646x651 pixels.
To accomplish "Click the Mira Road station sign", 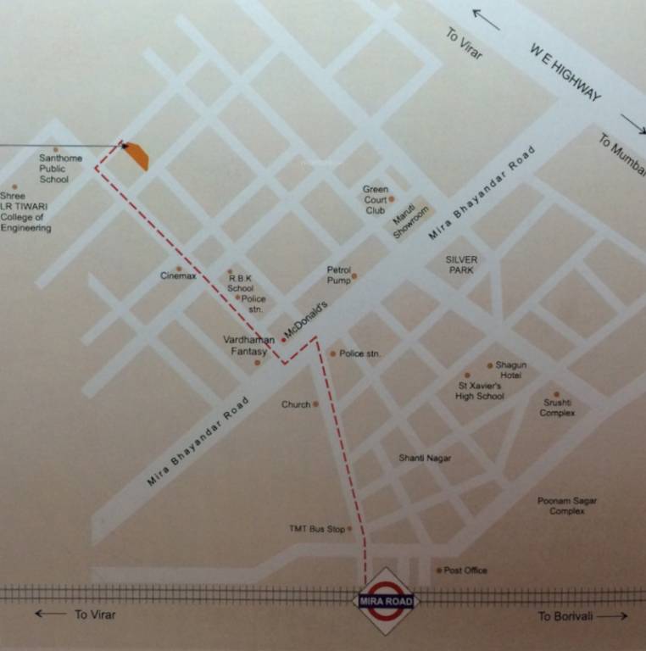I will pos(386,601).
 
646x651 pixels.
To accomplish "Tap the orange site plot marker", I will pos(137,156).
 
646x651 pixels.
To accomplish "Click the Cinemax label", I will pos(178,275).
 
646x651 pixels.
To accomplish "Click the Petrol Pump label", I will pos(338,275).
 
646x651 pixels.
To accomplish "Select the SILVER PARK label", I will pos(463,264).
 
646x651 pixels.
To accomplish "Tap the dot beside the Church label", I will pos(315,404).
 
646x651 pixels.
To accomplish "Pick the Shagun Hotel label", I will pos(511,370).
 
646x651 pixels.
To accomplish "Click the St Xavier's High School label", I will pos(479,391).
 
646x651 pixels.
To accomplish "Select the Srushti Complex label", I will pos(558,408).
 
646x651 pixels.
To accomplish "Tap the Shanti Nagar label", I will pos(425,459).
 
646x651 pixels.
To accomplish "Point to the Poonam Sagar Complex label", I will pos(566,506).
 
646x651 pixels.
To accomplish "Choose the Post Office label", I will pos(465,570).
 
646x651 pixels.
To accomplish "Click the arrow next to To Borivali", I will pos(612,616).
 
